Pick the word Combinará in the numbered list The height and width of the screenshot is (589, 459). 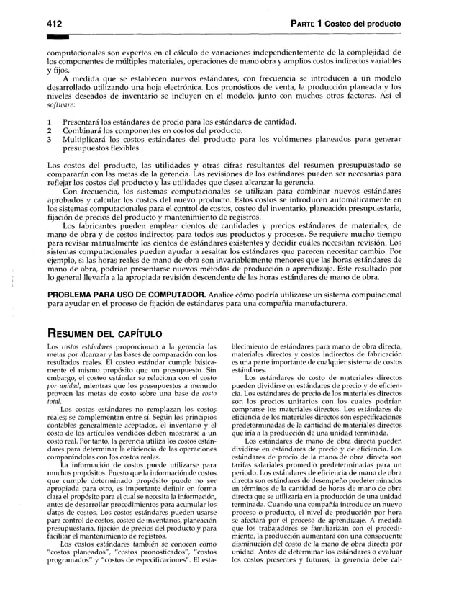[86, 132]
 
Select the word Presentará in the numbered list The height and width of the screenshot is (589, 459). [86, 122]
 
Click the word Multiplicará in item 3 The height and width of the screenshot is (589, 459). [89, 142]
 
